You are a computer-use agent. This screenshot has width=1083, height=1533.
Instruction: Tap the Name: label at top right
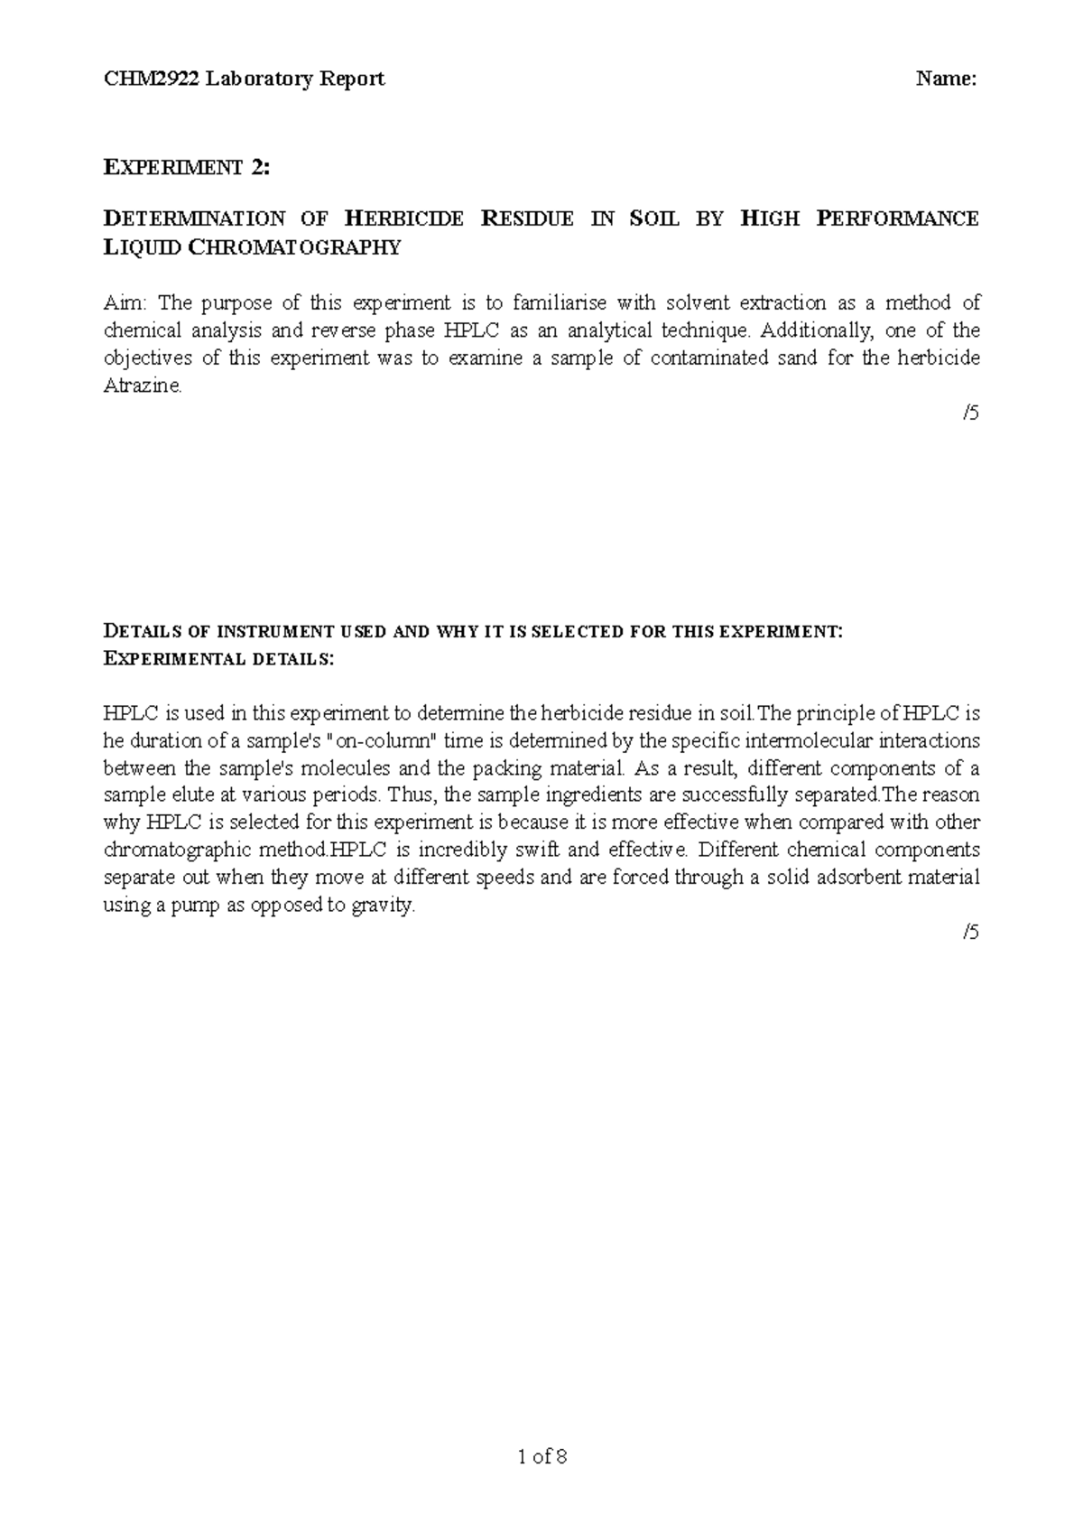click(947, 79)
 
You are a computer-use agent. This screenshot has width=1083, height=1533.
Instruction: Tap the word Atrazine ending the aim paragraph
click(142, 386)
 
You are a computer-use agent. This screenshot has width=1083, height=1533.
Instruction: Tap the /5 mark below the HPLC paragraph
click(970, 933)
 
